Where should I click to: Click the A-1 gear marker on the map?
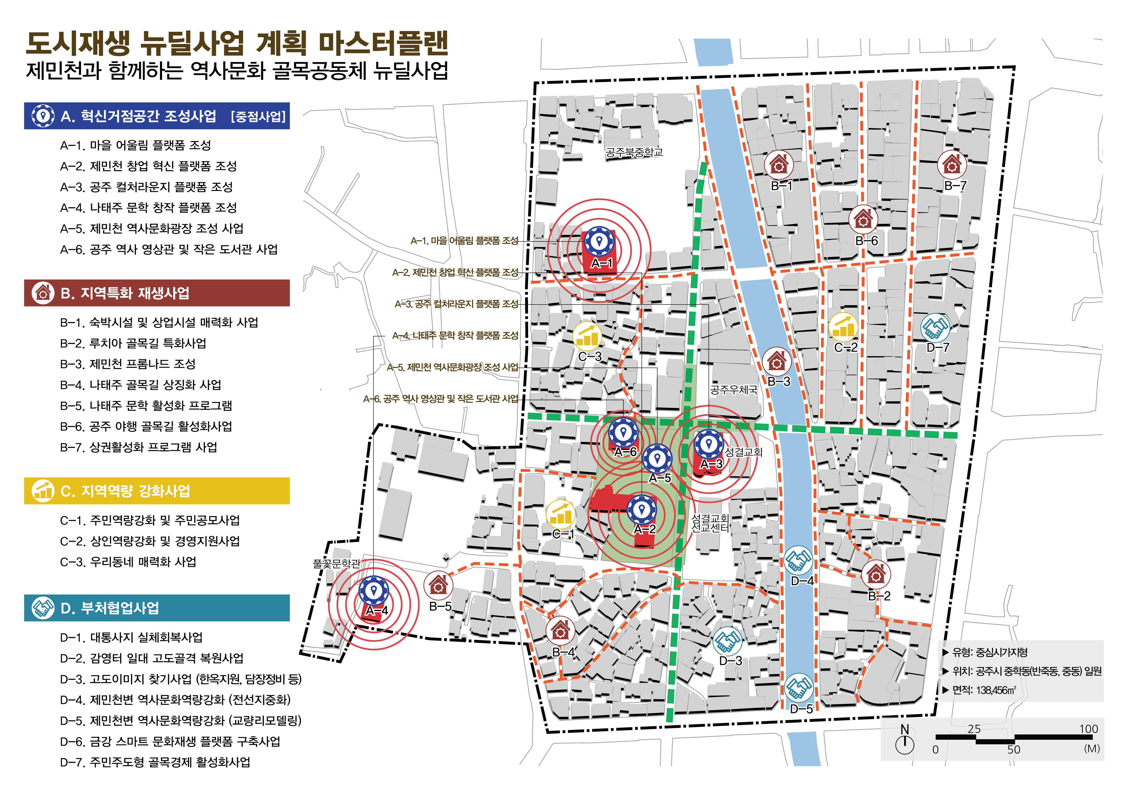point(599,241)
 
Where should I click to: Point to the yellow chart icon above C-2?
point(843,327)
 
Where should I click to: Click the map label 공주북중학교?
point(634,152)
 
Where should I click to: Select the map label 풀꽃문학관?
point(336,564)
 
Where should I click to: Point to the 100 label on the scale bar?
point(1088,729)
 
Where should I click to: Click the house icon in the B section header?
point(43,293)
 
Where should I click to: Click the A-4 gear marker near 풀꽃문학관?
point(374,591)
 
